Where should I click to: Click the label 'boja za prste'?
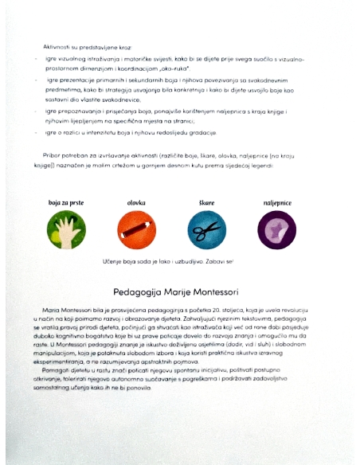pos(66,204)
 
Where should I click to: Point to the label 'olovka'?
pos(135,204)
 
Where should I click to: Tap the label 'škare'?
pos(207,204)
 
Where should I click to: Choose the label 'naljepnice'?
pos(277,204)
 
